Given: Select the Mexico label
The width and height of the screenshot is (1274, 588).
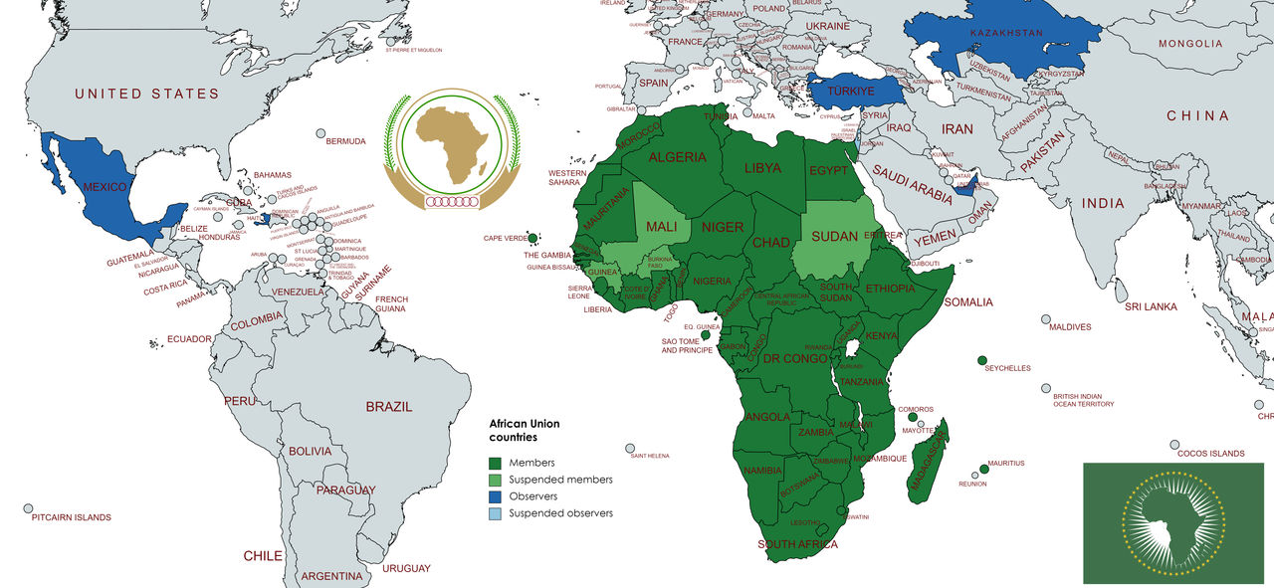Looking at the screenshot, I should pos(104,187).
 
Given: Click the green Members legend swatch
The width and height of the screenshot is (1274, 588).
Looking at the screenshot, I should pos(495,463).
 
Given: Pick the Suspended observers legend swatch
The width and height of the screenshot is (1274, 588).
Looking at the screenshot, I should pos(495,513).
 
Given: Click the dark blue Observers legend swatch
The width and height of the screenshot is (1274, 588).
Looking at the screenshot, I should pos(495,496).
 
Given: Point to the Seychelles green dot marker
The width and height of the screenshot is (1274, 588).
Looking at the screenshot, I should pos(982,359).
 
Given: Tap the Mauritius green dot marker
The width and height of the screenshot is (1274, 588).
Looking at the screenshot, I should pos(983,469).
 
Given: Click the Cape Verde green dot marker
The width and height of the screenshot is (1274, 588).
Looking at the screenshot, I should pos(533,239).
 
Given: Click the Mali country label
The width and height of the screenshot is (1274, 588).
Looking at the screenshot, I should pos(662,227).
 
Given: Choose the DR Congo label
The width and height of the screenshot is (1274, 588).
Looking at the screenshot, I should pos(795,358).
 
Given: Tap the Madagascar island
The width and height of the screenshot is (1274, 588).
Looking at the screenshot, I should pos(930,463).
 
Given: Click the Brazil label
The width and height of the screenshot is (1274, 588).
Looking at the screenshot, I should pos(388,407).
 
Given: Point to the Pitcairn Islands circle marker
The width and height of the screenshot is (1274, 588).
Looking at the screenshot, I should pos(28,507).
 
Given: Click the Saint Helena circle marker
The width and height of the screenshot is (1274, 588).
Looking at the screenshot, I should pos(630,448).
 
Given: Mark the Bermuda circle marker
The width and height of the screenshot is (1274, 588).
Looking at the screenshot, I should pos(321,133).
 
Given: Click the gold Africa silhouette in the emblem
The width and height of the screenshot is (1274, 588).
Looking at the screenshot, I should pos(452,144).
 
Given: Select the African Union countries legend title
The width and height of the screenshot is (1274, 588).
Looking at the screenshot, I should pos(524,430).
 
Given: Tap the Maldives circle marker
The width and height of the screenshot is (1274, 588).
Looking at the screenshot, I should pos(1045,319).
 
